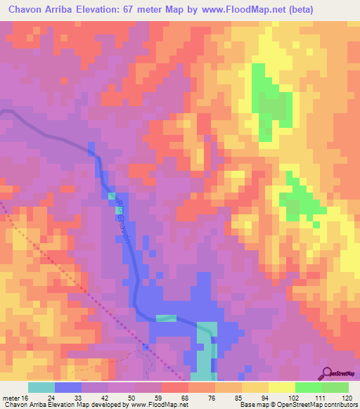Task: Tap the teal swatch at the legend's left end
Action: point(41,387)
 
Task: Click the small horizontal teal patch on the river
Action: point(166,318)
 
